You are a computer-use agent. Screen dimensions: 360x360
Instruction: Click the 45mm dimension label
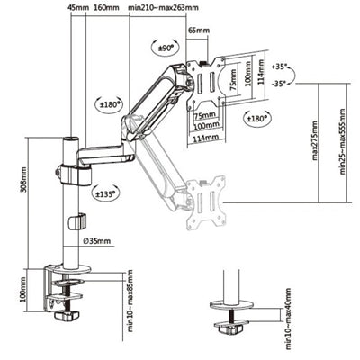coord(79,7)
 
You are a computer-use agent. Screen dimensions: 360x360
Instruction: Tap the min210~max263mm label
coord(164,7)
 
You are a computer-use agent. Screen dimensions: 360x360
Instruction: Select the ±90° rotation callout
coord(166,47)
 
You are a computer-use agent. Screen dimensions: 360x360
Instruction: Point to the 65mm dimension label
coord(199,31)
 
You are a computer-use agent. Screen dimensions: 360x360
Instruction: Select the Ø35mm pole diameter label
coord(98,241)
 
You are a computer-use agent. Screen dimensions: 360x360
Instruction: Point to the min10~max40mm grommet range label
coord(287,316)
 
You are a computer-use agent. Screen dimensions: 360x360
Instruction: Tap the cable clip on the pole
coord(80,220)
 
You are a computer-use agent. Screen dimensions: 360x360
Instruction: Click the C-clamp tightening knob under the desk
coord(63,315)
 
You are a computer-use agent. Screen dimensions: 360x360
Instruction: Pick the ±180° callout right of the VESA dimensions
coord(259,117)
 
